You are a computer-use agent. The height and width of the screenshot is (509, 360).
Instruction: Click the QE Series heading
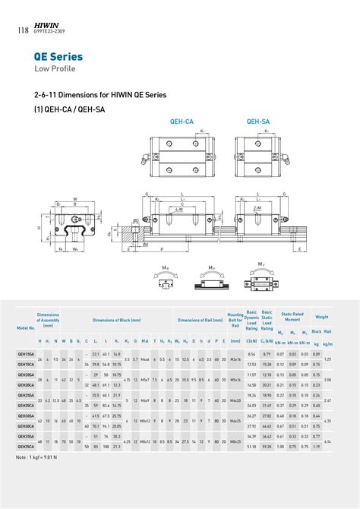(58, 57)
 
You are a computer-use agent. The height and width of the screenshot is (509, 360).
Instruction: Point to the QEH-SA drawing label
(257, 121)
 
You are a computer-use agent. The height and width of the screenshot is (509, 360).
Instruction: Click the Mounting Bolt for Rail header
(235, 319)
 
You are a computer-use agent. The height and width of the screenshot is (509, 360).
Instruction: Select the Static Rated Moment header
(292, 317)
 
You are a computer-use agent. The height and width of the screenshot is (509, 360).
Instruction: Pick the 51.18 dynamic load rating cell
(251, 447)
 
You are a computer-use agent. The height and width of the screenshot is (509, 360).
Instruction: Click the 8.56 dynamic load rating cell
(251, 354)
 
